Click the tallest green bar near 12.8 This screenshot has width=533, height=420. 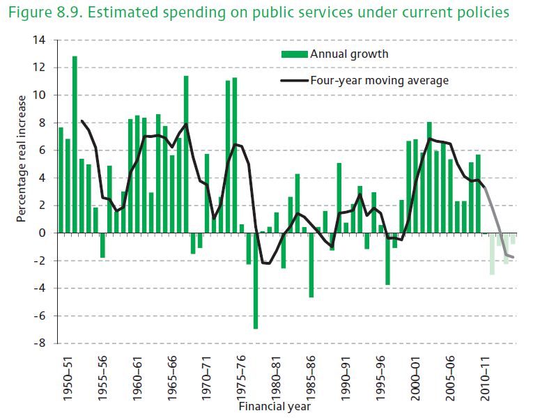pyautogui.click(x=75, y=144)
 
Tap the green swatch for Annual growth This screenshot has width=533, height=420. pyautogui.click(x=294, y=54)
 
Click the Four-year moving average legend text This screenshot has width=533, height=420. pyautogui.click(x=379, y=80)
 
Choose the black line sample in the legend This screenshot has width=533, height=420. pyautogui.click(x=294, y=81)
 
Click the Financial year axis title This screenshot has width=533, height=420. pyautogui.click(x=275, y=405)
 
